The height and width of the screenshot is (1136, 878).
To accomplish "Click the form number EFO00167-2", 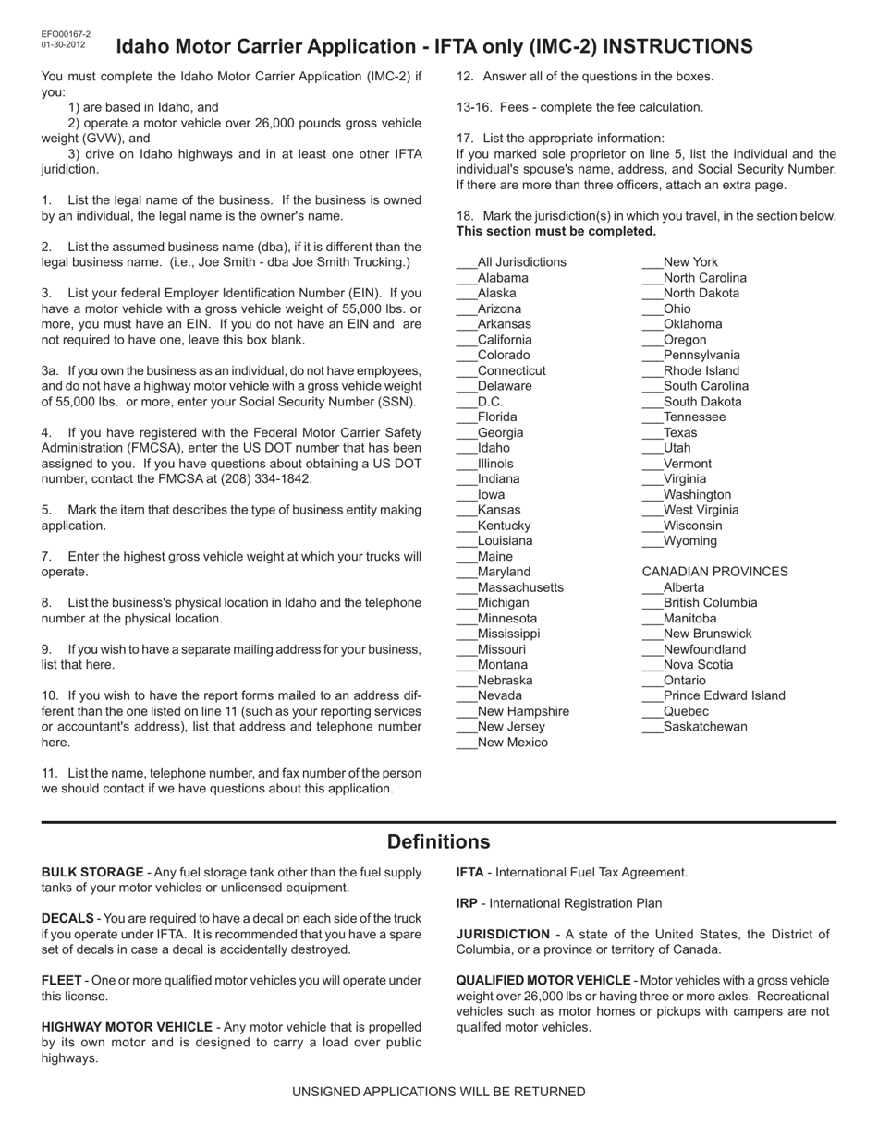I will pyautogui.click(x=66, y=34).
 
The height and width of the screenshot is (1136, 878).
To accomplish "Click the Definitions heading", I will pyautogui.click(x=438, y=841).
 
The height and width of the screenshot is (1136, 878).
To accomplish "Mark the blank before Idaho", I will pyautogui.click(x=467, y=449).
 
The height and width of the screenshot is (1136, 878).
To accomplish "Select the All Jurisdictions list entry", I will pyautogui.click(x=521, y=262).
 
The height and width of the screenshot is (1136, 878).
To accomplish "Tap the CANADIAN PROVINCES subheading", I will pyautogui.click(x=714, y=572).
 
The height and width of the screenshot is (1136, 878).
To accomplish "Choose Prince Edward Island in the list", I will pyautogui.click(x=724, y=695).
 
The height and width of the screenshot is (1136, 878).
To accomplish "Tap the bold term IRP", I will pyautogui.click(x=469, y=903).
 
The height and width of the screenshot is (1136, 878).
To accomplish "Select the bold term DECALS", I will pyautogui.click(x=67, y=918).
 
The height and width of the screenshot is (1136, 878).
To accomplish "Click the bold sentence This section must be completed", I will pyautogui.click(x=556, y=231).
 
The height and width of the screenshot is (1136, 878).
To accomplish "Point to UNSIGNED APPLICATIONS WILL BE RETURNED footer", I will pyautogui.click(x=438, y=1092).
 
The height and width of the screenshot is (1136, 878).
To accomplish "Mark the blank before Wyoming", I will pyautogui.click(x=652, y=542).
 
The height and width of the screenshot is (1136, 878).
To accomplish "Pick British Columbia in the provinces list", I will pyautogui.click(x=710, y=603).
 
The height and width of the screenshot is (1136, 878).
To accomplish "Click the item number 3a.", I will pyautogui.click(x=50, y=370).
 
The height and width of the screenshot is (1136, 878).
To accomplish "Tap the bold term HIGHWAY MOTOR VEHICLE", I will pyautogui.click(x=127, y=1027).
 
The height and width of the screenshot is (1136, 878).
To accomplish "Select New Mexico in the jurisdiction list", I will pyautogui.click(x=512, y=743).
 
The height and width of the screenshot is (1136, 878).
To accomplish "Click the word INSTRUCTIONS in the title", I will pyautogui.click(x=678, y=46).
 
